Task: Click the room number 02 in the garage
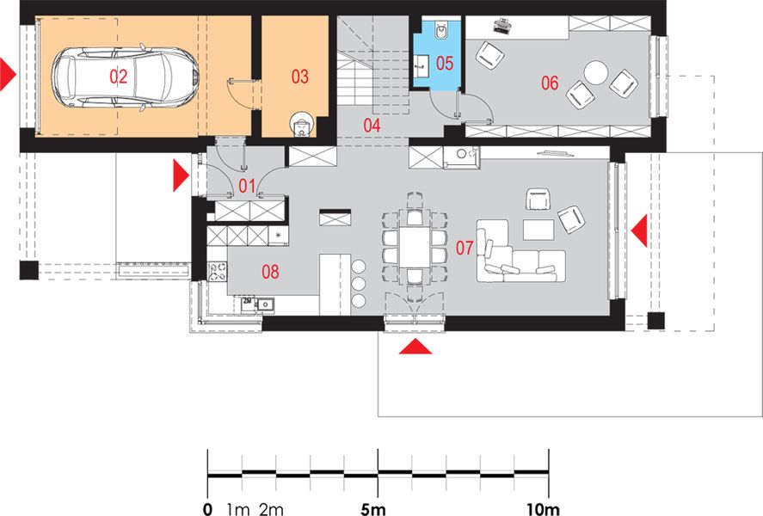coord(118,77)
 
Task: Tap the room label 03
coord(299,77)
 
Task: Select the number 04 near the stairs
coord(372,126)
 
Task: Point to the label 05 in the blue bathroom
coord(444,64)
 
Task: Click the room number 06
coord(550,83)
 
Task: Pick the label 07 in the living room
coord(465,248)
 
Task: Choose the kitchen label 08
coord(270,272)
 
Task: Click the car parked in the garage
coord(125,77)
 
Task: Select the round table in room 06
coord(595,73)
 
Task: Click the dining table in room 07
coord(415,247)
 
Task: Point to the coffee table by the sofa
coord(538,230)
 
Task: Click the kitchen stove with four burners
coord(217,272)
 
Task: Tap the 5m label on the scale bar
coord(373,509)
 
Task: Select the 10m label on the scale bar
coord(543,509)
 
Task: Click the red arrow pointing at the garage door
coord(8,75)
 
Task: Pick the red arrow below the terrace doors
coord(415,347)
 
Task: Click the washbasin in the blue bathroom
coord(421,64)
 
